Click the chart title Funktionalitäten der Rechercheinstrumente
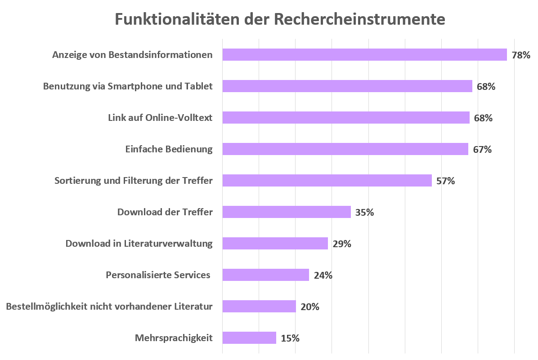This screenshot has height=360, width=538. (279, 19)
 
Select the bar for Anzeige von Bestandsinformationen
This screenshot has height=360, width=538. (364, 55)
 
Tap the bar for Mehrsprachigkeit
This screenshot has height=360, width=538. (249, 338)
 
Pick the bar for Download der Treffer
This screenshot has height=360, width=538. (287, 212)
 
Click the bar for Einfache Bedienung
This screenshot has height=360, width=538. (345, 149)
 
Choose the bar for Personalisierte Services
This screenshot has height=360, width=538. (265, 275)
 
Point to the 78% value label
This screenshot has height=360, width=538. (521, 55)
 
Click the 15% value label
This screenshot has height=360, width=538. (290, 338)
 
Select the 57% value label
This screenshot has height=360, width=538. (446, 181)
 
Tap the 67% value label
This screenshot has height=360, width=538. (482, 150)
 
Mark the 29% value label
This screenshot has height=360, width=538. (342, 244)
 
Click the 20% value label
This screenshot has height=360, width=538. (310, 307)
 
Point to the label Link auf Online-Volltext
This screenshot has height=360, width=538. (160, 118)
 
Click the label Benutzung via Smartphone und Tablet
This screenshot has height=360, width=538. (128, 86)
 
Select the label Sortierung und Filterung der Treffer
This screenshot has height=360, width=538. (133, 181)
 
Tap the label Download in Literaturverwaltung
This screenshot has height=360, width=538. (139, 244)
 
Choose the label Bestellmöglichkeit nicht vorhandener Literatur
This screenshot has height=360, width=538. (109, 307)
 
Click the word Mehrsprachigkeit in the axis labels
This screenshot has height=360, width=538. (174, 338)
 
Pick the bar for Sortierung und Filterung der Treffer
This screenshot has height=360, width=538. (327, 181)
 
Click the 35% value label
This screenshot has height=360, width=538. (364, 213)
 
